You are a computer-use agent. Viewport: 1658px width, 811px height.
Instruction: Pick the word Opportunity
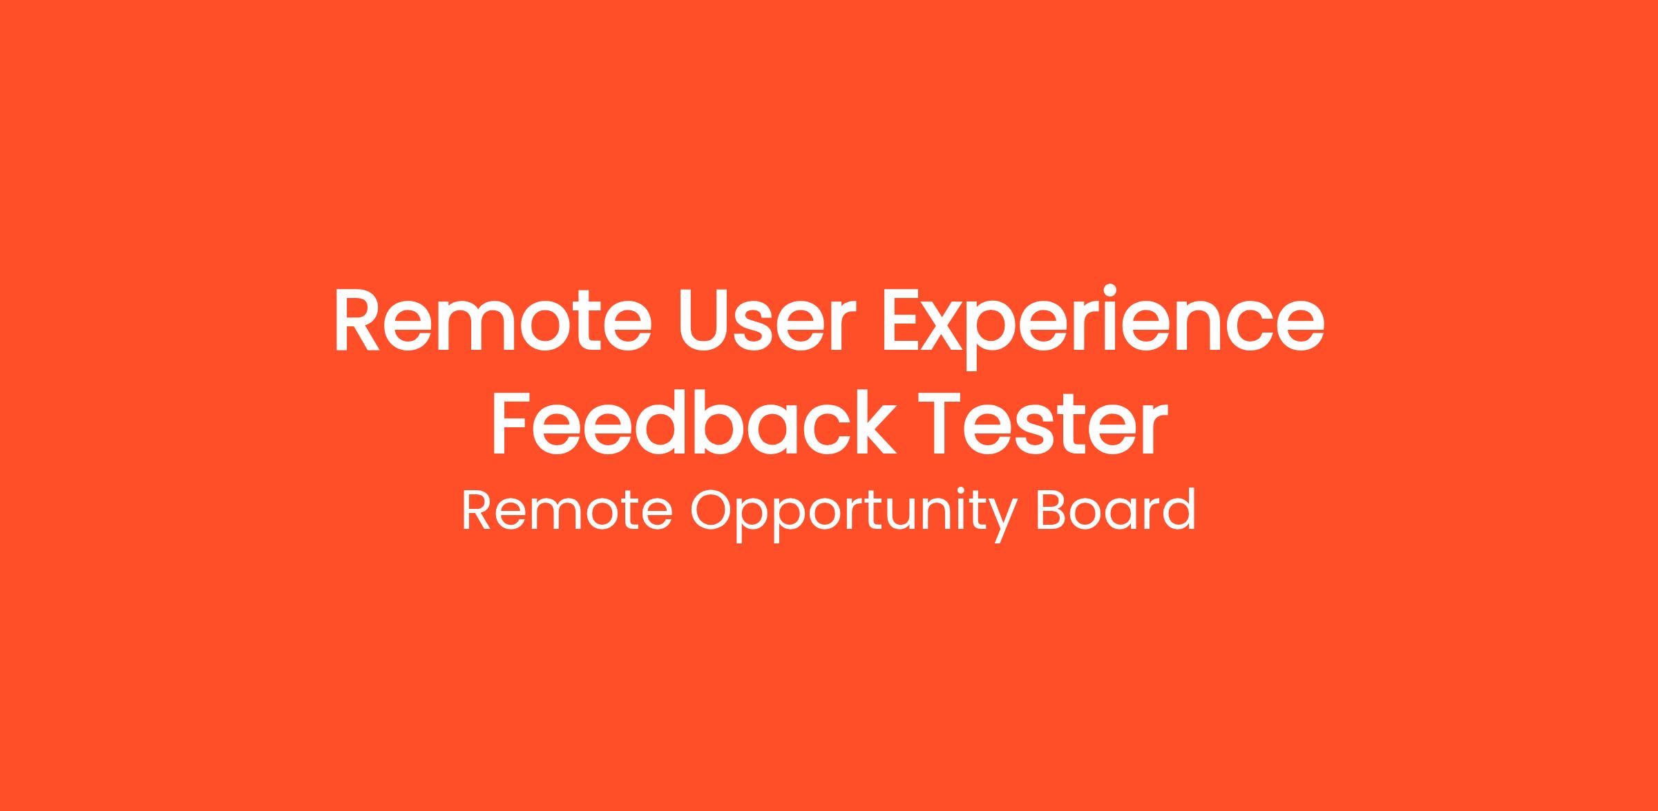[x=855, y=516]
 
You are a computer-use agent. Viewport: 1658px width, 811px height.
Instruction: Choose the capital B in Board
[x=1051, y=511]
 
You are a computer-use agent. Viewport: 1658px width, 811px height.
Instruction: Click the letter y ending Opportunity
[x=1003, y=523]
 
